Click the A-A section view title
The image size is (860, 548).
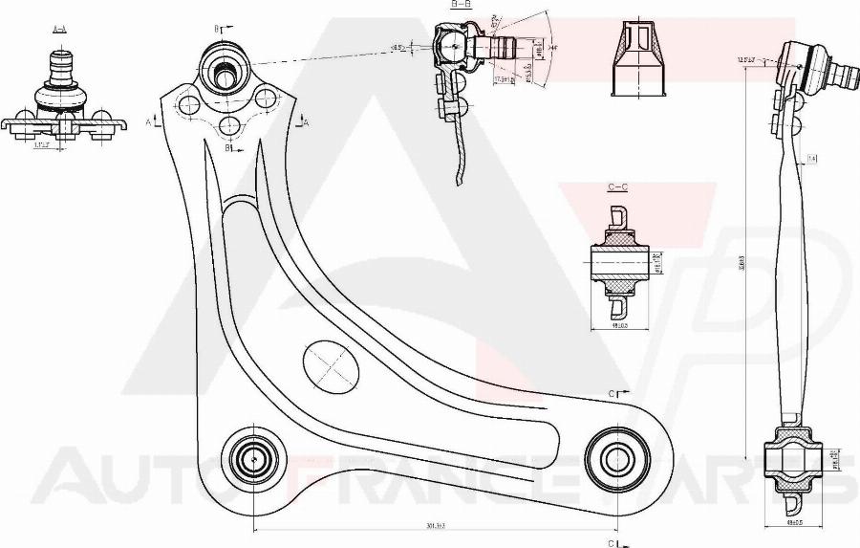click(59, 29)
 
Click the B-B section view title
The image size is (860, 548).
click(461, 5)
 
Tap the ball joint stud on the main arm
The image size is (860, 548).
click(225, 70)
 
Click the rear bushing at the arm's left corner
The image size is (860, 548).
click(253, 457)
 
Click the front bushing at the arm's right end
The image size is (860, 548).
click(614, 456)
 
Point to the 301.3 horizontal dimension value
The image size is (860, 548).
click(435, 524)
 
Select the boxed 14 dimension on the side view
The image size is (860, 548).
click(811, 158)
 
